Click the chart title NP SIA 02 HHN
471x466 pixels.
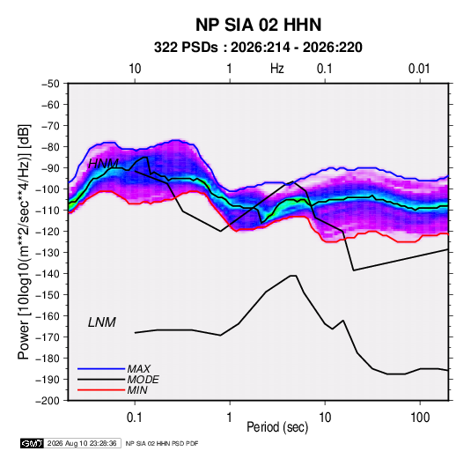(x=258, y=25)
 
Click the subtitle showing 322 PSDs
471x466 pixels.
(x=258, y=48)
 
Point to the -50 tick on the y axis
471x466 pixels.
(x=50, y=84)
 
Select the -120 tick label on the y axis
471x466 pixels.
(x=48, y=232)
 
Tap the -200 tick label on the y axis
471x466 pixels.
(x=48, y=401)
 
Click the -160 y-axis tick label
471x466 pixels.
(x=48, y=316)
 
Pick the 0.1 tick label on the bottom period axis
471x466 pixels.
(x=135, y=418)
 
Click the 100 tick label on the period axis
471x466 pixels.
(x=420, y=418)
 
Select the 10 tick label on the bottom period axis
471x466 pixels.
(x=325, y=418)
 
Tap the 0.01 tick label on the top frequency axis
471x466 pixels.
(x=419, y=69)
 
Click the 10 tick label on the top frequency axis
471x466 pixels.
(x=135, y=69)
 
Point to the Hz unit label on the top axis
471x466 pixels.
(x=277, y=69)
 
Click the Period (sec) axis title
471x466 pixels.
(x=277, y=427)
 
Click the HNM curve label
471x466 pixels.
(x=103, y=164)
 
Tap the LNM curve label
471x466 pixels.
(x=102, y=322)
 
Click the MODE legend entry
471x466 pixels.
(x=118, y=380)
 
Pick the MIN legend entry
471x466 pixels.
(x=113, y=390)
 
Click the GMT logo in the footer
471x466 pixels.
(x=33, y=443)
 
